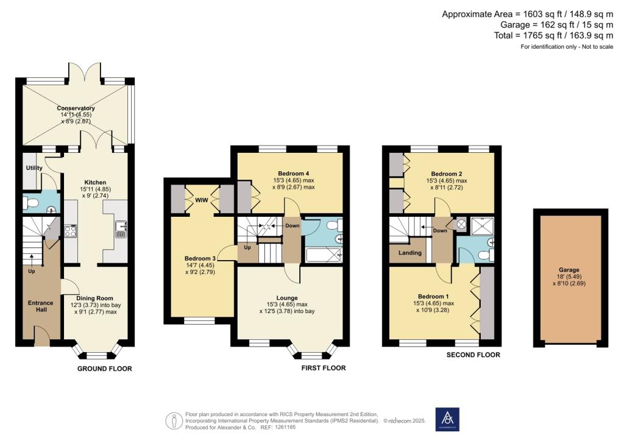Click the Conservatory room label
(76, 108)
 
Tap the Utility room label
(34, 168)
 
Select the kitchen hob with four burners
(71, 231)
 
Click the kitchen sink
(121, 229)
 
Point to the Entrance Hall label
(41, 306)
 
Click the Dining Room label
(94, 298)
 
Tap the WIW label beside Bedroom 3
(202, 200)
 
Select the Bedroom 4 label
(293, 174)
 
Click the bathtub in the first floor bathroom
(324, 255)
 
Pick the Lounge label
(287, 298)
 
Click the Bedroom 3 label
(200, 258)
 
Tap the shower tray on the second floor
(482, 226)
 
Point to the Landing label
(410, 253)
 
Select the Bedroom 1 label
(433, 297)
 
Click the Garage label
(569, 270)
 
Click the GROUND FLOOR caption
(105, 369)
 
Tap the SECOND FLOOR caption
(473, 355)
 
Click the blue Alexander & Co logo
(447, 419)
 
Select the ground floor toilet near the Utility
(30, 203)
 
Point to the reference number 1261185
(284, 428)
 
